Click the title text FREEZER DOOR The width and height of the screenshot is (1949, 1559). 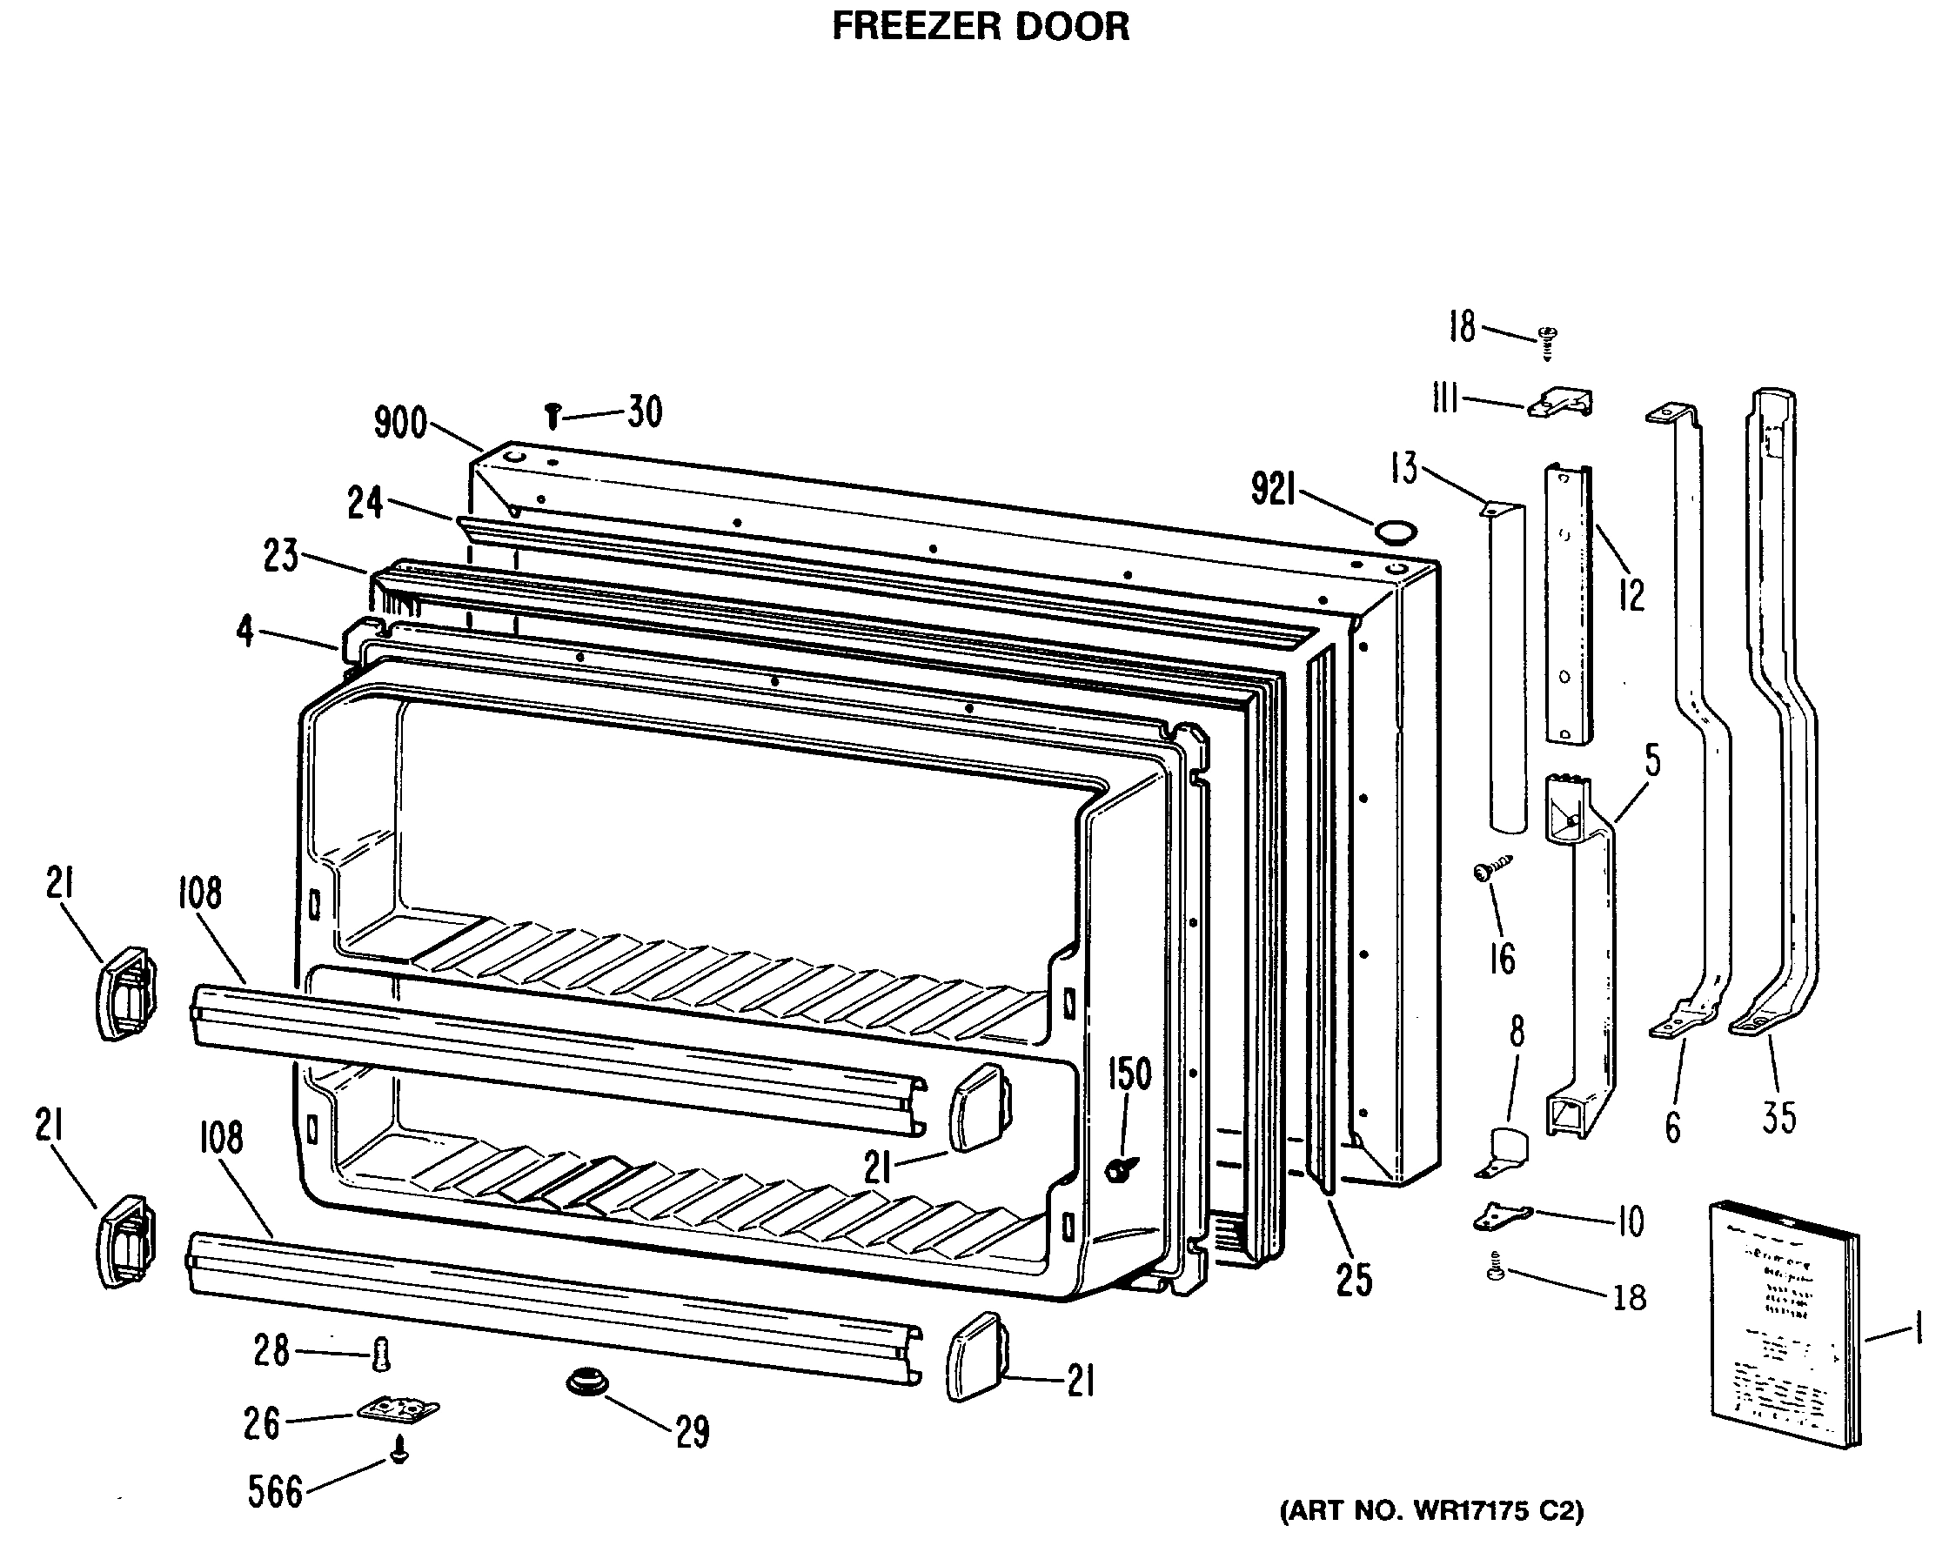click(980, 26)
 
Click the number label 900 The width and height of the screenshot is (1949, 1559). click(400, 423)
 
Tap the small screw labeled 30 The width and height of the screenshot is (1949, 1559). click(553, 416)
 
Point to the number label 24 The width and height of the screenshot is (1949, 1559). click(365, 504)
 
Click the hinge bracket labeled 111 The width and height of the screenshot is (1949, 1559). click(1560, 402)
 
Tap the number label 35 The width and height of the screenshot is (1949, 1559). click(1779, 1118)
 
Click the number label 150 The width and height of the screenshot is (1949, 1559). click(1129, 1074)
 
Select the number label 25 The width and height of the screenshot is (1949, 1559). click(1353, 1280)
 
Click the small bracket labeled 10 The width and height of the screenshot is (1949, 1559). click(1503, 1217)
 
